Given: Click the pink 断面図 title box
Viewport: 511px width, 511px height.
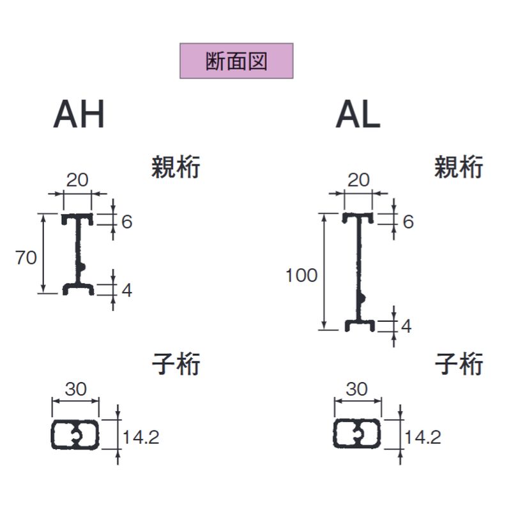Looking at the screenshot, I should point(236,61).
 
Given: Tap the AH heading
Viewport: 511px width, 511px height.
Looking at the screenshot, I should point(79,116).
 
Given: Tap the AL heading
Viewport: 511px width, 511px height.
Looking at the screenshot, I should point(358,116).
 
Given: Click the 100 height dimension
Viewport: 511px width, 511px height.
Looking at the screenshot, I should point(301,276).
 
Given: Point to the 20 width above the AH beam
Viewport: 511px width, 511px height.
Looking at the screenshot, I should point(77,181).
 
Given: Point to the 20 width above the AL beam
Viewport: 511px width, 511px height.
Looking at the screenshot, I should point(359,179).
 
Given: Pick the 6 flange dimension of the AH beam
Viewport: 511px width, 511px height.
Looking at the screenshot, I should point(126,222).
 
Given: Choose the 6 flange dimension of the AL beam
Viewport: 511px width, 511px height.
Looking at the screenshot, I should point(408,222).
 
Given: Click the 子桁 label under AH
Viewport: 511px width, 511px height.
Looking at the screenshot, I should point(176,365).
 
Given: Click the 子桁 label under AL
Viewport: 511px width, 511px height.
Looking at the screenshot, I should point(459,365).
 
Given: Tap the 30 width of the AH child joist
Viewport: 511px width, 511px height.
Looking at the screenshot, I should point(75,390).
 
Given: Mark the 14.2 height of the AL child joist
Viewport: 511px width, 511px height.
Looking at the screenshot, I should point(423,437).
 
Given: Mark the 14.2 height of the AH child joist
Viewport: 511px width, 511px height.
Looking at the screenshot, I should point(141,437).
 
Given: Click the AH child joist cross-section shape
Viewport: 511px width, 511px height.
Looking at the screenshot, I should point(75,435).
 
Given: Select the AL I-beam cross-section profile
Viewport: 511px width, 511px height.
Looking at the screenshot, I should point(359,271).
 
